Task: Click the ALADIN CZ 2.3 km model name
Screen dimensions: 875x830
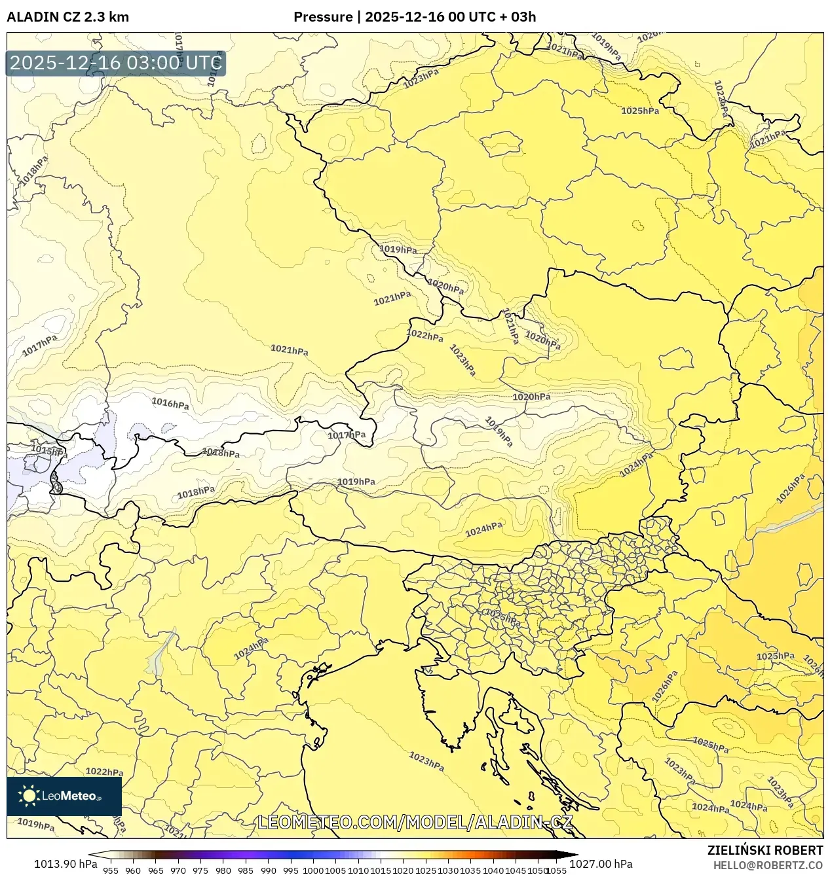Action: coord(67,17)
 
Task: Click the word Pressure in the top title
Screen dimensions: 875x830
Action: coord(322,17)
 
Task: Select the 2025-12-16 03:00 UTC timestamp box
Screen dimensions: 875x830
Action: coord(115,63)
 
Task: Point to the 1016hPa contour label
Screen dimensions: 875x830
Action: coord(170,403)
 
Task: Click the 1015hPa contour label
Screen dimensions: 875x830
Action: coord(49,451)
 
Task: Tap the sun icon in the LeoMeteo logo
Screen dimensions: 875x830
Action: coord(29,796)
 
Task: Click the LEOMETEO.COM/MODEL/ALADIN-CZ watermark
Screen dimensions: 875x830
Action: coord(415,822)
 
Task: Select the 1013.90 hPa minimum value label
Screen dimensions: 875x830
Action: coord(65,864)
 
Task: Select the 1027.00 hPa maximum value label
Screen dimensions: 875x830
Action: coord(601,864)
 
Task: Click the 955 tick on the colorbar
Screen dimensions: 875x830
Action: coord(111,870)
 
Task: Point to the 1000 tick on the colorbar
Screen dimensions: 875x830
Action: coord(313,870)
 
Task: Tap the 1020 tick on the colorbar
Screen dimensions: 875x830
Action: coord(403,870)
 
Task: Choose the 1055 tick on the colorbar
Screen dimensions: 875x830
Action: coord(556,870)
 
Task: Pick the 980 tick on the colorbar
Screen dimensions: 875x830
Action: coord(223,870)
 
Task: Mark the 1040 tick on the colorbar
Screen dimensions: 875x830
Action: coord(493,870)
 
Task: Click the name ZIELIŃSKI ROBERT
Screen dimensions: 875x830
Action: coord(764,851)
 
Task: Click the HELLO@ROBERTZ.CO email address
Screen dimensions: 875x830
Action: coord(768,865)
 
